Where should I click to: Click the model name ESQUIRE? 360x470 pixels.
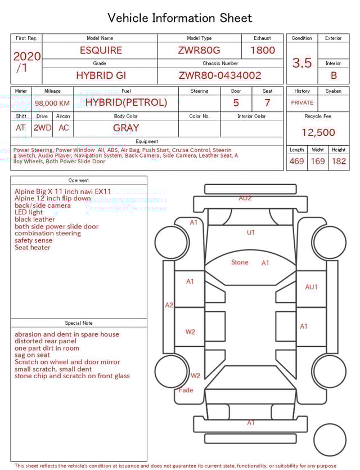point(101,50)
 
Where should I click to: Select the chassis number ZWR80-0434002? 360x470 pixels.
point(220,75)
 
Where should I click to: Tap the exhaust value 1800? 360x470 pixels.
point(263,50)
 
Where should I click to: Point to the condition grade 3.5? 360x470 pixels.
point(302,63)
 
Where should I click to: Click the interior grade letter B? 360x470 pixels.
point(334,75)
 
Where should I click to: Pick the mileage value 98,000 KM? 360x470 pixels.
point(52,103)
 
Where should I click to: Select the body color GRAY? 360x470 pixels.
point(126,128)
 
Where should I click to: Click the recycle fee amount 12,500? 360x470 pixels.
point(318,132)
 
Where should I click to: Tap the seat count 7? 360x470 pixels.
point(267,103)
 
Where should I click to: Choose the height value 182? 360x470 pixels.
point(339,161)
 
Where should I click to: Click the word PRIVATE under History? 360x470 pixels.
point(302,102)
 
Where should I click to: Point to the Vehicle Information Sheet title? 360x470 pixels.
point(180,18)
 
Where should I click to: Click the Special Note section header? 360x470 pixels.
point(79,323)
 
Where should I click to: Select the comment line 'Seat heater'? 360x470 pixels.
point(33,248)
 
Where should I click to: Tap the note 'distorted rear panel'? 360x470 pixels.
point(46,341)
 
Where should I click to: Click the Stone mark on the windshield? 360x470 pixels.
point(240,262)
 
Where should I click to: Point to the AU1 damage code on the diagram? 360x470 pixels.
point(311,287)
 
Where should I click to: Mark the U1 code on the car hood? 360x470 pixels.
point(251,232)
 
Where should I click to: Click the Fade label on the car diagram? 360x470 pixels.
point(186,390)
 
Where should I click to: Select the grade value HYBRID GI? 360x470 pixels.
point(99,75)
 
